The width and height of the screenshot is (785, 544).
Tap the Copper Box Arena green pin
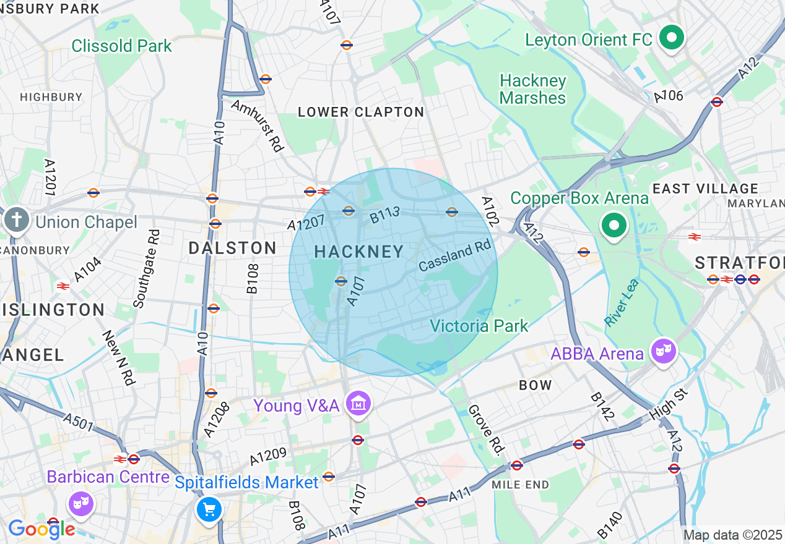pos(614,226)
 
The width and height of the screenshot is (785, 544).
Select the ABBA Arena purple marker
pos(663,352)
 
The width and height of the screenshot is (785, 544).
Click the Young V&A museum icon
pos(358,404)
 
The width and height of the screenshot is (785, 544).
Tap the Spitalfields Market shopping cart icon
pos(209,510)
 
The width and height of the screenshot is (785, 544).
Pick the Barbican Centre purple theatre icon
pos(81,503)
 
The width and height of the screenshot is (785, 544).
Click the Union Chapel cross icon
pos(17,221)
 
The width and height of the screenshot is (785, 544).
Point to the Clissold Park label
pos(121,46)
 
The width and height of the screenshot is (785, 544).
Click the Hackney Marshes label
pos(532,90)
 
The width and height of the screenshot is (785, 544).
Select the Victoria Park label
pos(479,326)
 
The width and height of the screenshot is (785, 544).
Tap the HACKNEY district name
pos(359,252)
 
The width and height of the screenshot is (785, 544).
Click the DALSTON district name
pos(232,248)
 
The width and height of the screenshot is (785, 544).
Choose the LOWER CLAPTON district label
pos(361,112)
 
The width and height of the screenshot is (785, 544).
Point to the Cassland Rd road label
pos(454,255)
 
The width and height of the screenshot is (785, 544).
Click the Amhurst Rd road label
pos(257,125)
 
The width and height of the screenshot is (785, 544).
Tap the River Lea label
pos(621,303)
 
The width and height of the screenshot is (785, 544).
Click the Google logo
pos(41,529)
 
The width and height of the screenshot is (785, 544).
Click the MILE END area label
pos(520,485)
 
